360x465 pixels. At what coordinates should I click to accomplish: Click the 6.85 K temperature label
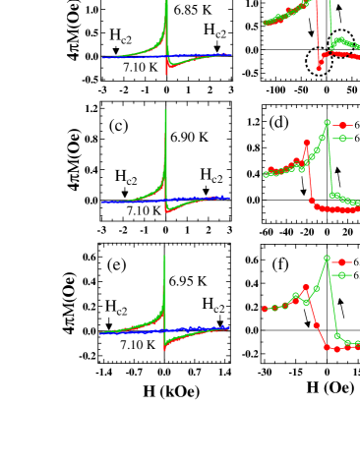pos(192,10)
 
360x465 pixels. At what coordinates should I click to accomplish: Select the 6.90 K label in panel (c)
pos(189,138)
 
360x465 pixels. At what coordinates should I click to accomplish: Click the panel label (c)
pos(119,125)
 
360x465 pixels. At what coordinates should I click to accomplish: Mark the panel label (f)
pos(279,264)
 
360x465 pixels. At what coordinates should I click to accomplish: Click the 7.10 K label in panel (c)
pos(143,209)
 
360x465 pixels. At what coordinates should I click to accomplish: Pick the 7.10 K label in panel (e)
pos(138,345)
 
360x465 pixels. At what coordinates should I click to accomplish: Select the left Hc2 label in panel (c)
pos(126,177)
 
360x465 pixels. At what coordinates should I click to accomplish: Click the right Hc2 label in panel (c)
pos(211,175)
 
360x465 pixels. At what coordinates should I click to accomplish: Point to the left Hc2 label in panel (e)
pos(118,308)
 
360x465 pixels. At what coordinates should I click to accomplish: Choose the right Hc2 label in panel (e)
pos(214,304)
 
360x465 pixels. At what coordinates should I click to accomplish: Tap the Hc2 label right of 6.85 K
pos(214,32)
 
